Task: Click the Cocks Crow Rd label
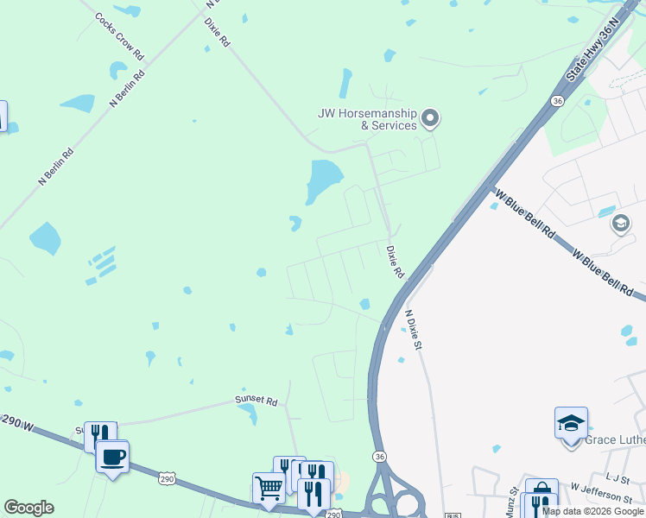(120, 35)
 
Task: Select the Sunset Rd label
(257, 401)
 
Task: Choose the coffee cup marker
(112, 456)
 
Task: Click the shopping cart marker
(269, 488)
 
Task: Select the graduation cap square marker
(571, 423)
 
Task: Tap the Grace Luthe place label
(615, 440)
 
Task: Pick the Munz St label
(511, 502)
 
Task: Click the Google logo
(28, 508)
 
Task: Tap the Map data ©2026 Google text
(593, 511)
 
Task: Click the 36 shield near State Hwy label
(558, 101)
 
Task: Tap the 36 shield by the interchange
(378, 455)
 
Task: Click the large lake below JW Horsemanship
(324, 179)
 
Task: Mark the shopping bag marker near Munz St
(541, 489)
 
